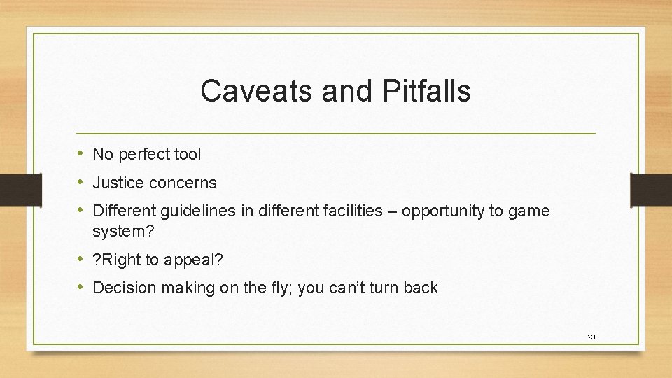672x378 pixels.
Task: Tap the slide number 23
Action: [591, 337]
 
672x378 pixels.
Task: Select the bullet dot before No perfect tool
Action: [82, 153]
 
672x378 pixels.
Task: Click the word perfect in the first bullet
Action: [144, 154]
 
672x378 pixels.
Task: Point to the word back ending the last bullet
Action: [421, 288]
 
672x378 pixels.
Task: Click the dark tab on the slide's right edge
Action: [650, 189]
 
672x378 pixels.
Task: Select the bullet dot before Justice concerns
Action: [82, 183]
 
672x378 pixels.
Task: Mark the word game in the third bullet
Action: [532, 211]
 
